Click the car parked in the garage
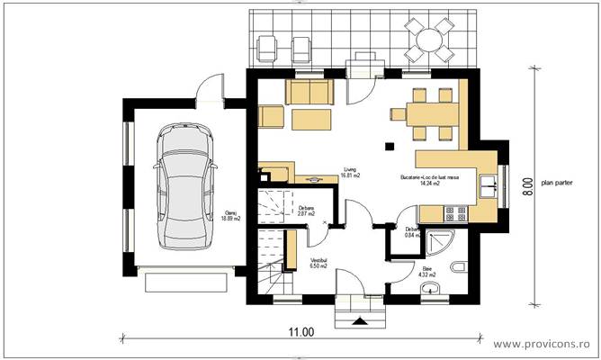pyautogui.click(x=186, y=186)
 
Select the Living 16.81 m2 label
pyautogui.click(x=350, y=173)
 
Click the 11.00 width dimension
pyautogui.click(x=301, y=331)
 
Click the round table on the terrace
pyautogui.click(x=426, y=40)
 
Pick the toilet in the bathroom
pyautogui.click(x=457, y=265)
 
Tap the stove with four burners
pyautogui.click(x=454, y=212)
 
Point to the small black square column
pyautogui.click(x=389, y=145)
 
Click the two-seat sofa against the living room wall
pyautogui.click(x=309, y=93)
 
